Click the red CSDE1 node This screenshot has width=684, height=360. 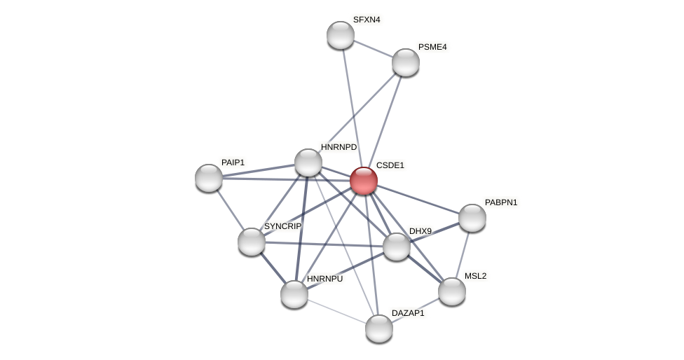coord(364,181)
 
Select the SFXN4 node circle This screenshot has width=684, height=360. coord(341,35)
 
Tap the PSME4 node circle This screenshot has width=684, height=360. coord(406,62)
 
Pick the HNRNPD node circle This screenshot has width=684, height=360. coord(308,162)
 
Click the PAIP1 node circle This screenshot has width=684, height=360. coord(209,178)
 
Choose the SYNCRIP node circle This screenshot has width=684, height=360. coord(252,242)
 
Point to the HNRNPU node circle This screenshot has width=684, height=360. coord(294,294)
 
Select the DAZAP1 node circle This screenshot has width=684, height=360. coord(379,328)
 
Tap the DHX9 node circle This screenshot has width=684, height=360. coord(397,247)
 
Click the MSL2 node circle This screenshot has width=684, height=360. coord(452,291)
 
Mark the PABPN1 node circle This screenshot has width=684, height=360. coord(472,218)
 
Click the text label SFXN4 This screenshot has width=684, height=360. coord(367,20)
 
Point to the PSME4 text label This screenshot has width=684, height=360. coord(432,47)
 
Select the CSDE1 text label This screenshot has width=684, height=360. coord(390,165)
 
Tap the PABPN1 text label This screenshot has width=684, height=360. coord(501,202)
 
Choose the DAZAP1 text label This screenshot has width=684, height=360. coord(408,313)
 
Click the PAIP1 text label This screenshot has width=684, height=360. coord(233,162)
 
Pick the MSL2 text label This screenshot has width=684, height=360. coord(475,276)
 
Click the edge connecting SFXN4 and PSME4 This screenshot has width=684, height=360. coord(373,48)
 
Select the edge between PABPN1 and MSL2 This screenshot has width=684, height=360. coord(463,254)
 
